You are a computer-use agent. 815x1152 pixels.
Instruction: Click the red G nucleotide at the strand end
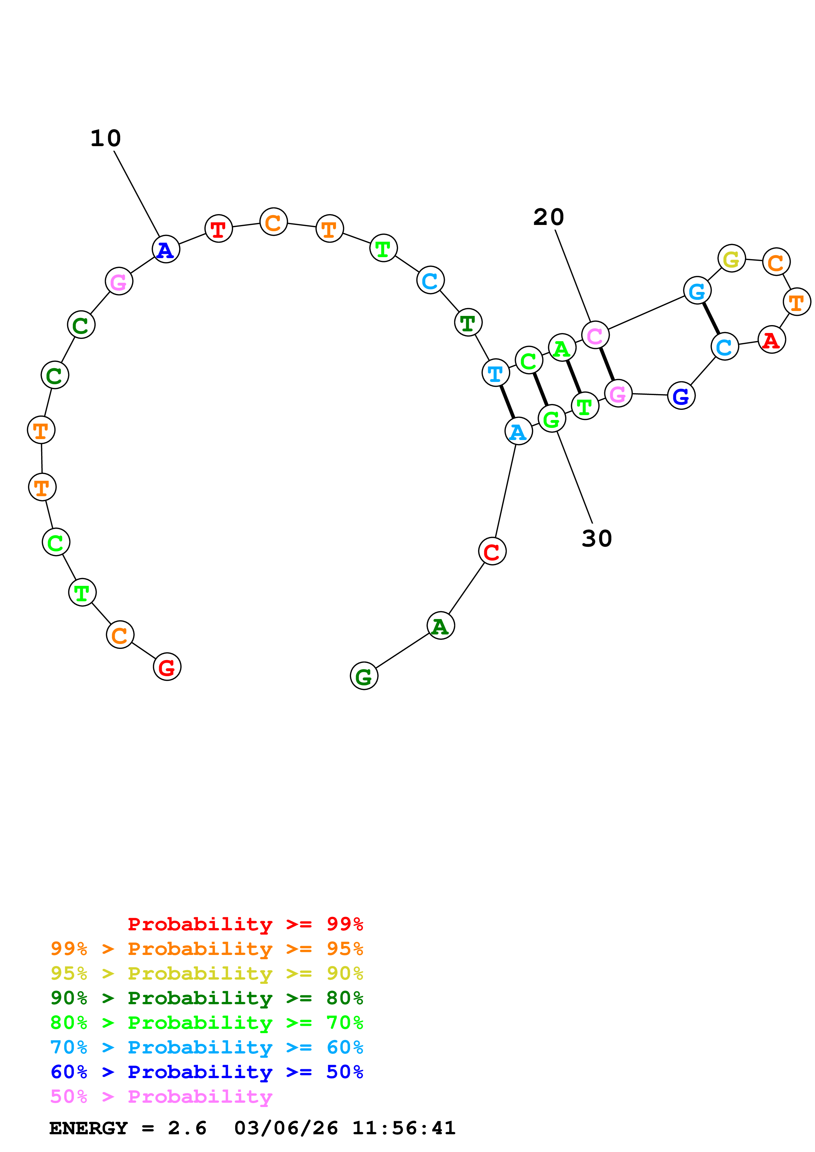(x=167, y=667)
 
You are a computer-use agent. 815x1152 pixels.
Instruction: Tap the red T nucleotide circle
(x=218, y=229)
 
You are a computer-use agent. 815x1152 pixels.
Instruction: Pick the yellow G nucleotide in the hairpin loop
(x=731, y=259)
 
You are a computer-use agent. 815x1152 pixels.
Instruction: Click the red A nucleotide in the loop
(x=771, y=340)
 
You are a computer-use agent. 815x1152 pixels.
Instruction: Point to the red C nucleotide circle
(x=492, y=551)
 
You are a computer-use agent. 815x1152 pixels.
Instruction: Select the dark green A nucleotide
(x=441, y=626)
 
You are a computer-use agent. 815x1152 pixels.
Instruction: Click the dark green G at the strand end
(x=364, y=676)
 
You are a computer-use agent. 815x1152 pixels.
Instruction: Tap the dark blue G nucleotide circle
(x=681, y=396)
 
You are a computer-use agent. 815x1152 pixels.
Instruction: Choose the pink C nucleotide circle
(x=595, y=335)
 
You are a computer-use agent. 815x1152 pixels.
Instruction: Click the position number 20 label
(x=548, y=217)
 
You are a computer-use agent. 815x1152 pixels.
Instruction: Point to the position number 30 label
(x=597, y=538)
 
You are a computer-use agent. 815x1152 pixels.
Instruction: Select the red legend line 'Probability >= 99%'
(x=245, y=924)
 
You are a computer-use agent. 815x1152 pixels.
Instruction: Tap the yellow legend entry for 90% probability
(x=206, y=973)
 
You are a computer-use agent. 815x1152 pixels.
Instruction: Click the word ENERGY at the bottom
(x=88, y=1128)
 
